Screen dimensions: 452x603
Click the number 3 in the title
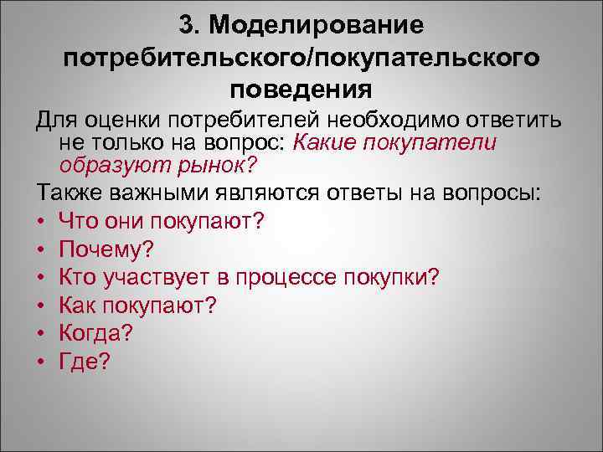coord(186,26)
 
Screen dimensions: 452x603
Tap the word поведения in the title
coord(301,88)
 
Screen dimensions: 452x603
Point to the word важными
coord(159,195)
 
